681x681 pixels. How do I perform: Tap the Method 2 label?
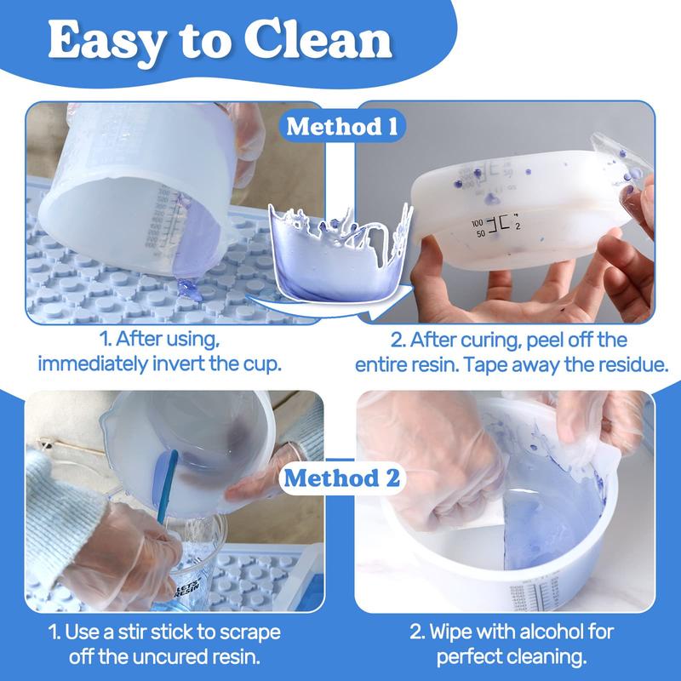click(341, 478)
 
